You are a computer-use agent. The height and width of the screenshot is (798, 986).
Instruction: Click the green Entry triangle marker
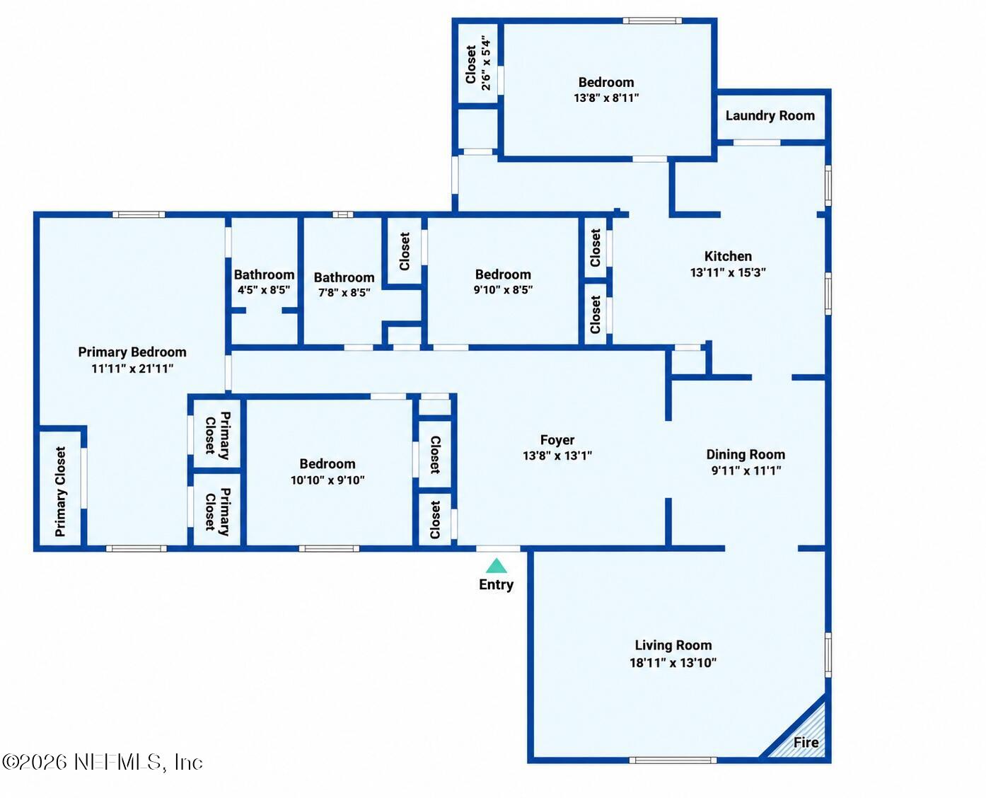[x=497, y=566]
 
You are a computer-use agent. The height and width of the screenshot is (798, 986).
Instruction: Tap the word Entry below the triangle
[x=497, y=584]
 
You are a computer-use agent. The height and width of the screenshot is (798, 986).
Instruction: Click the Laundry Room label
[x=770, y=116]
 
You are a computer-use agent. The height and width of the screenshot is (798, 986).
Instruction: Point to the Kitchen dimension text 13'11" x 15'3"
[x=728, y=272]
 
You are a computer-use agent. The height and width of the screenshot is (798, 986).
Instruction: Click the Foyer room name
[x=557, y=440]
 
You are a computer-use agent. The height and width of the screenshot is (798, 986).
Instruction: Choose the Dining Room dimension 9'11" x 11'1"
[x=746, y=470]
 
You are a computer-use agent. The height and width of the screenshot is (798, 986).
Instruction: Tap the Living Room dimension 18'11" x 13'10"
[x=673, y=662]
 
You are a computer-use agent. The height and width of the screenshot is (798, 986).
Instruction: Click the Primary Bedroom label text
[x=132, y=352]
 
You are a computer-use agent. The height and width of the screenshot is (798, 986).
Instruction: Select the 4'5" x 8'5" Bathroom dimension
[x=264, y=290]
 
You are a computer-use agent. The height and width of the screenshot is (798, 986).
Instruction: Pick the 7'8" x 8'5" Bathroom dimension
[x=344, y=293]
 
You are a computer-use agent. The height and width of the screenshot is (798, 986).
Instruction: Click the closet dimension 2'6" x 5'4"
[x=486, y=63]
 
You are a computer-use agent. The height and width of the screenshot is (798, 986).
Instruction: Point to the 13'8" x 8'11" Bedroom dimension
[x=606, y=98]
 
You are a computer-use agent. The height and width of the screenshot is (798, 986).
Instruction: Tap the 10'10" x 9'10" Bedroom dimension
[x=327, y=480]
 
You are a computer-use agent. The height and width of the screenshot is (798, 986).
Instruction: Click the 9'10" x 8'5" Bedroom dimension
[x=503, y=290]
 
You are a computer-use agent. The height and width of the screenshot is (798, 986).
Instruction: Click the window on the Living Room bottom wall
[x=673, y=760]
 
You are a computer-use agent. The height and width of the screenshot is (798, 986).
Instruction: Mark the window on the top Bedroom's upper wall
[x=651, y=21]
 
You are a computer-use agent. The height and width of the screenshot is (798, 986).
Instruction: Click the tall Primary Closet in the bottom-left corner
[x=60, y=488]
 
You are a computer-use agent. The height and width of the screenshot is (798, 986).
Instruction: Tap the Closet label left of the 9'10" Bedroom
[x=405, y=251]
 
